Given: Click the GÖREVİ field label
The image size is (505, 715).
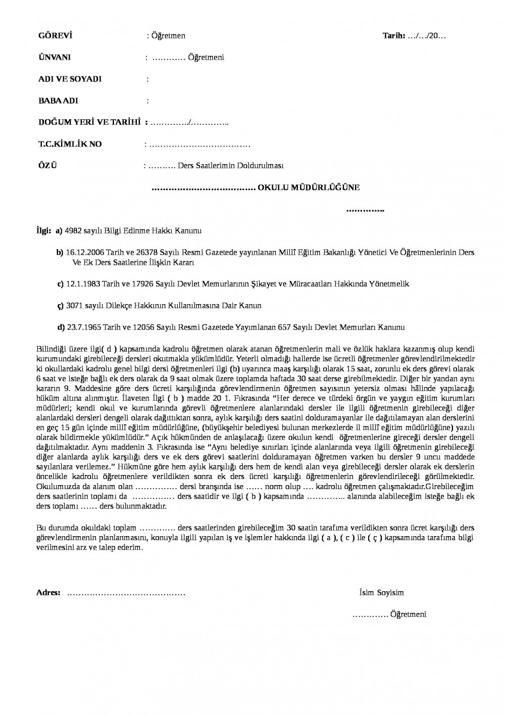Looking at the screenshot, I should [56, 36].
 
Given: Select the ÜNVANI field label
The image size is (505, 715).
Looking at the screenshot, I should [55, 58].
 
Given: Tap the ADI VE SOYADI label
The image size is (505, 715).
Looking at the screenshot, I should [70, 79].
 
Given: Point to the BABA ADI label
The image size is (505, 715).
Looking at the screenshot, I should [58, 101].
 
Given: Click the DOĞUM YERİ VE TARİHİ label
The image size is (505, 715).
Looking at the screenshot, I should [89, 123].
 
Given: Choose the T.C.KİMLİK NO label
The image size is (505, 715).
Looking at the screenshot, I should [70, 145].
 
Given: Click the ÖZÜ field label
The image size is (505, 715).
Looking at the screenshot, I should [48, 166].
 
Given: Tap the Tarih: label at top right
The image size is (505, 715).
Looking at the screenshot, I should [394, 36].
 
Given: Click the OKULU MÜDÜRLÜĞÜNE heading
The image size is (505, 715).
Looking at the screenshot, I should [309, 187].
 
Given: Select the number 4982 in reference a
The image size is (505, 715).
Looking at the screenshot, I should [74, 231].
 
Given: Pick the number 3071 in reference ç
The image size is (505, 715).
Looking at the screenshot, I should [74, 306].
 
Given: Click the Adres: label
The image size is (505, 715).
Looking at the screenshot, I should [48, 593].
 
